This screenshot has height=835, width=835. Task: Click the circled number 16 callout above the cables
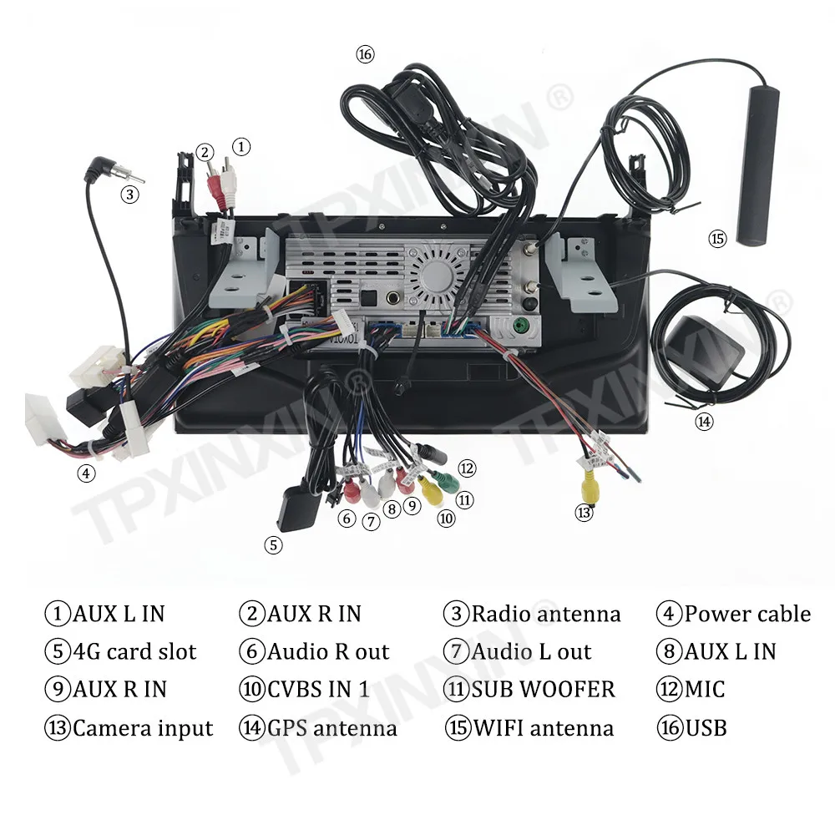coord(365,54)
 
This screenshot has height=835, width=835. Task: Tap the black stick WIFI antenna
coord(758,165)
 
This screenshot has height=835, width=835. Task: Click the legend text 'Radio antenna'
coord(546,614)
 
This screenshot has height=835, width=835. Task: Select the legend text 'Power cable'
coord(747,614)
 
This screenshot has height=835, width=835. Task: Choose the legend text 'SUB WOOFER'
coord(544,690)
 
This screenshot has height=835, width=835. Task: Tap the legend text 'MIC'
coord(705,690)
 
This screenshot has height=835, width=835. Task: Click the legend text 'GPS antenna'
coord(331,728)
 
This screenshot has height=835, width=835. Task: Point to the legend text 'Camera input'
coord(143,728)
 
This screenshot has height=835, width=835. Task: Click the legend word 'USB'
coord(706,728)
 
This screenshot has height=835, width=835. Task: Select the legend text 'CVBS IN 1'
coord(318,690)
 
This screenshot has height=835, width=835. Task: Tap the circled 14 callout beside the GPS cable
coord(704,422)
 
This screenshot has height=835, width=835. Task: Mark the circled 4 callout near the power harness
coord(86,473)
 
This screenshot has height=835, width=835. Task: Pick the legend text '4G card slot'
coord(134,652)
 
